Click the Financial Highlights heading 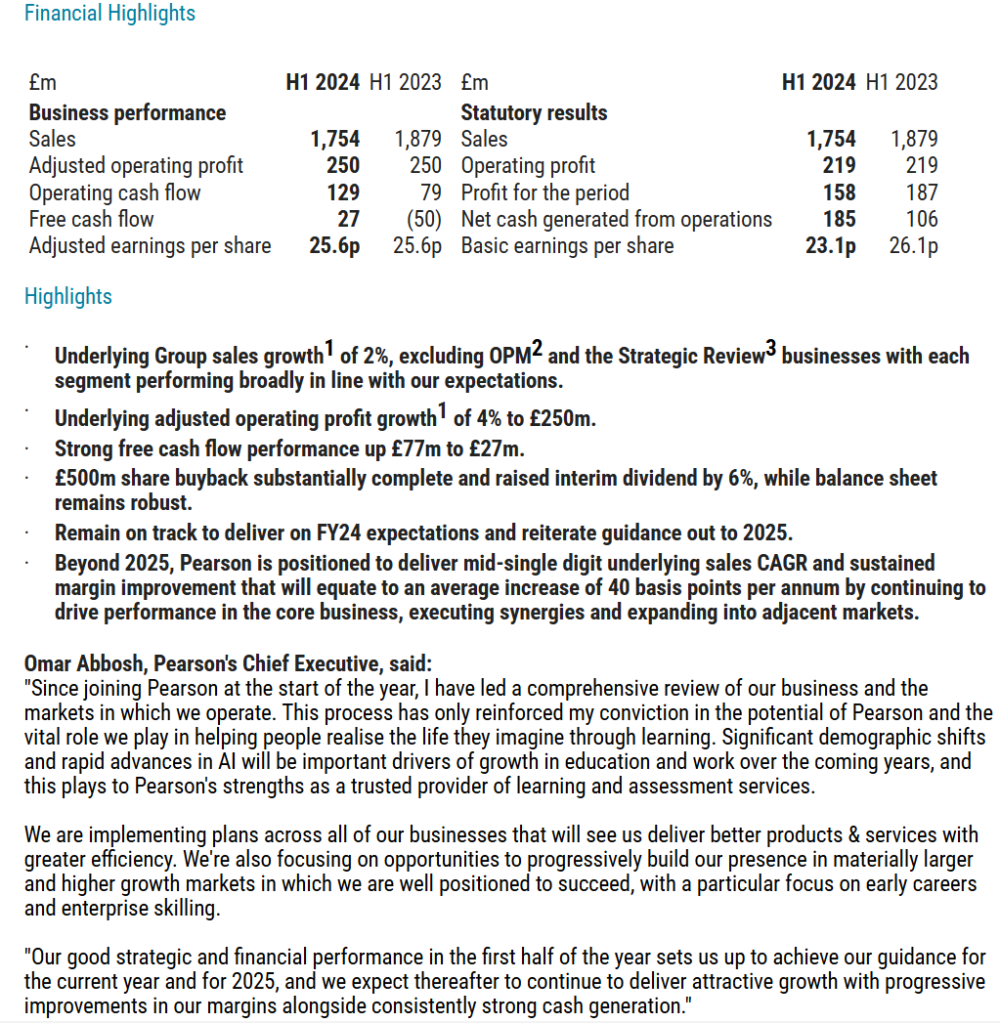(x=109, y=14)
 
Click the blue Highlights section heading (x=68, y=296)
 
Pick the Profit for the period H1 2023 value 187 (x=921, y=192)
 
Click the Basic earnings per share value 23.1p (x=830, y=245)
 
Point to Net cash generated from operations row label (x=616, y=219)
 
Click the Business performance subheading (x=127, y=113)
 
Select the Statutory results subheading (x=534, y=113)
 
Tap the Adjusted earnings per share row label (x=150, y=245)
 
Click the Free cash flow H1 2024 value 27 (x=348, y=219)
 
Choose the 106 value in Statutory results (x=921, y=219)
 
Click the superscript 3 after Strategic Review (x=770, y=350)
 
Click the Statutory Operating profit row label (x=528, y=166)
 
